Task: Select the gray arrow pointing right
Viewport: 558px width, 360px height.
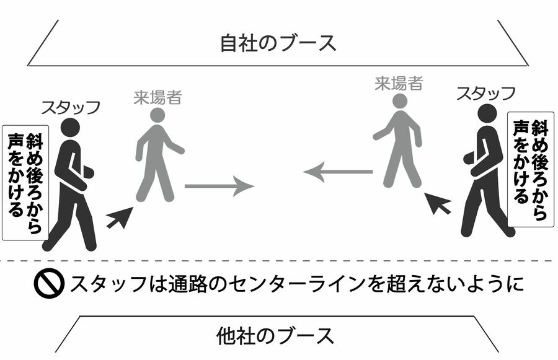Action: point(219,185)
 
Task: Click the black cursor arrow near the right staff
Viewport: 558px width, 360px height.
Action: point(438,203)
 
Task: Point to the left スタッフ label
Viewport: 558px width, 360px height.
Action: point(70,107)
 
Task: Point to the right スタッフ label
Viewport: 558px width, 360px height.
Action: point(485,94)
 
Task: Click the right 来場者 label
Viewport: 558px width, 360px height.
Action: point(399,82)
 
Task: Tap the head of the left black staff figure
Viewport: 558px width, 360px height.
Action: point(70,128)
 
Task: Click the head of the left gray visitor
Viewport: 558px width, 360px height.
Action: point(157,115)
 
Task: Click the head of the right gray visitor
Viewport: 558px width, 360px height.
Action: point(400,100)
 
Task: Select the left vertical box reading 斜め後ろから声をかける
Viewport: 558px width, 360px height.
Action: point(25,182)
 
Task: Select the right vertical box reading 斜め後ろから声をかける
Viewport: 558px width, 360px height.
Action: point(531,169)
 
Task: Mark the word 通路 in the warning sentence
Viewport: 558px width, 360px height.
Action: point(189,284)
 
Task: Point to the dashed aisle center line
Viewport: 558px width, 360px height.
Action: point(279,261)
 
